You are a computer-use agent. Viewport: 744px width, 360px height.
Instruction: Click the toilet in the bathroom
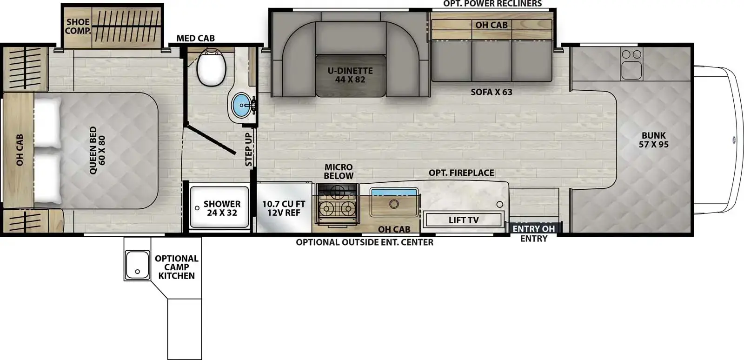(211, 67)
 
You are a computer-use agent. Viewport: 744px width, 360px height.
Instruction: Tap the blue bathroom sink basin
(241, 105)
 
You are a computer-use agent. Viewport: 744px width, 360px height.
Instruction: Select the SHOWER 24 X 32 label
(222, 208)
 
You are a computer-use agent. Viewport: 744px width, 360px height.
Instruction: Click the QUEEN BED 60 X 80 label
(97, 150)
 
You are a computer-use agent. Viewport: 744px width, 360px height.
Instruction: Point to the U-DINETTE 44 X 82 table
(351, 76)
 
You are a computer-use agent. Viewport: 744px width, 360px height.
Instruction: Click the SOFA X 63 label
(491, 92)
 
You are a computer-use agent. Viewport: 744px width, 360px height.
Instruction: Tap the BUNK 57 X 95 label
(654, 140)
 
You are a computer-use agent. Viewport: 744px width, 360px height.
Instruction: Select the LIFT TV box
(464, 220)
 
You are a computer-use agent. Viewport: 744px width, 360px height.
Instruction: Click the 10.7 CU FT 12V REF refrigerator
(284, 208)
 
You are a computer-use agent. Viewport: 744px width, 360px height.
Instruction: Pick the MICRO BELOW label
(339, 171)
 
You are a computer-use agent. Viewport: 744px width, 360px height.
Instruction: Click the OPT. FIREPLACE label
(461, 173)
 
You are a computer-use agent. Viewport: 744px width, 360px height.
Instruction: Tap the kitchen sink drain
(394, 204)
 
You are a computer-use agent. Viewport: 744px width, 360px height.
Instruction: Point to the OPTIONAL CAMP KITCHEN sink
(137, 265)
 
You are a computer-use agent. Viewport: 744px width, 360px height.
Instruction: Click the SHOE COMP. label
(78, 27)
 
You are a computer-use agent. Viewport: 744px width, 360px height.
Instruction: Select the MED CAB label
(195, 38)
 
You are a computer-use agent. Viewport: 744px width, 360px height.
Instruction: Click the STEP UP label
(248, 149)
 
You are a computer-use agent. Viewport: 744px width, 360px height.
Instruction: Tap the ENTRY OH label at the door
(534, 229)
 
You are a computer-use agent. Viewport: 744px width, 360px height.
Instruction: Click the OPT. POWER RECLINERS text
(492, 4)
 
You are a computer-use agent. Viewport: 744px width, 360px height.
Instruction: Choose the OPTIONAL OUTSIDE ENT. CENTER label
(365, 242)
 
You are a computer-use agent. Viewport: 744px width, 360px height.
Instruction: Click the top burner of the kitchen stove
(338, 191)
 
